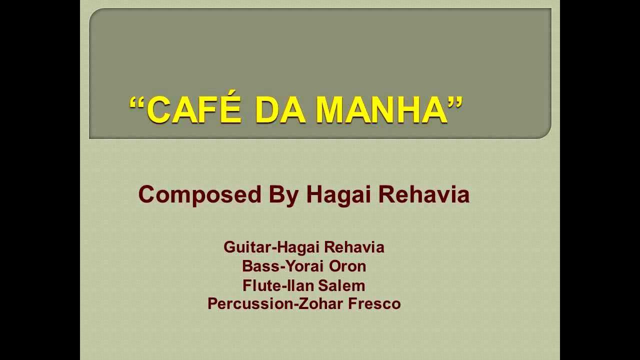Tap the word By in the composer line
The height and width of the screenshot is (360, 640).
[x=283, y=195]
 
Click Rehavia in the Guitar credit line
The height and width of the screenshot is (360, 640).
[x=354, y=247]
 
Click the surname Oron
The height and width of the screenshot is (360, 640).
[x=347, y=266]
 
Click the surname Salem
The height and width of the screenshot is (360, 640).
[x=341, y=285]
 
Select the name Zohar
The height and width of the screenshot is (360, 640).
[x=320, y=303]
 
